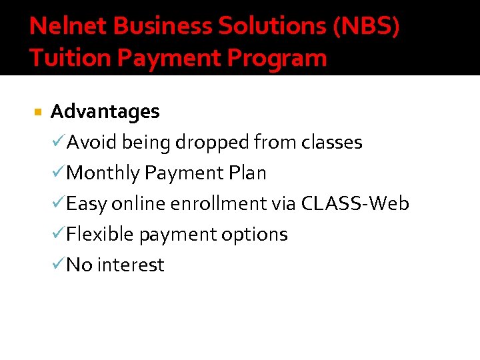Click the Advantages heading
[105, 111]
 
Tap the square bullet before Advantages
[37, 112]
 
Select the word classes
[331, 142]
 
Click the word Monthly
[103, 173]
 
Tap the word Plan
[247, 173]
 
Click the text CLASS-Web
[355, 203]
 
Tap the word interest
[131, 265]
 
